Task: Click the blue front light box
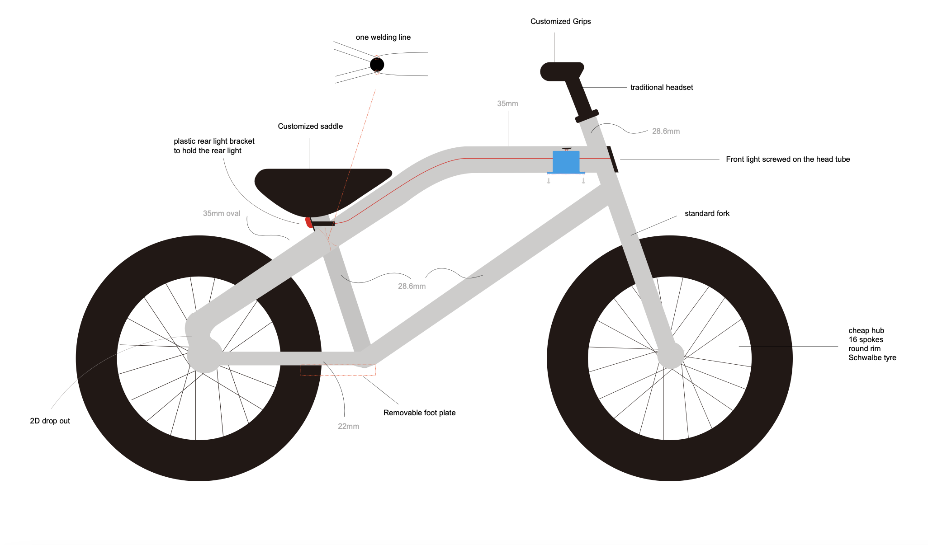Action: (566, 162)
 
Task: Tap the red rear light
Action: (309, 222)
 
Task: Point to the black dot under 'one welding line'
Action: (377, 65)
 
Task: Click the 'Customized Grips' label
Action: (560, 21)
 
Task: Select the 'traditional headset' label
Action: (661, 87)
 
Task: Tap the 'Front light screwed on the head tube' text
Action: (787, 159)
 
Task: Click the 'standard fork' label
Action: (707, 213)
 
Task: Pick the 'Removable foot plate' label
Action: (419, 413)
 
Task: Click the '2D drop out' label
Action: (50, 421)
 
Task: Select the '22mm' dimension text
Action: (348, 426)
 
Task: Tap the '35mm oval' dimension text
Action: (222, 213)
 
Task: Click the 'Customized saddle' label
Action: (310, 126)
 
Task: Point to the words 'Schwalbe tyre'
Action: (872, 357)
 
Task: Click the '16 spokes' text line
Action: (866, 339)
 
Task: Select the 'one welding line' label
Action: (383, 37)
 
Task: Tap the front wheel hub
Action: (670, 355)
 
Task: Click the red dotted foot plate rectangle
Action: (338, 370)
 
